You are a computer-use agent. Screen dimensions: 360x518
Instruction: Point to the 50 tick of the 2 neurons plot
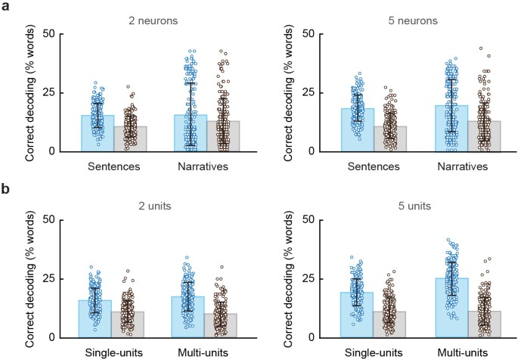[48, 34]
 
